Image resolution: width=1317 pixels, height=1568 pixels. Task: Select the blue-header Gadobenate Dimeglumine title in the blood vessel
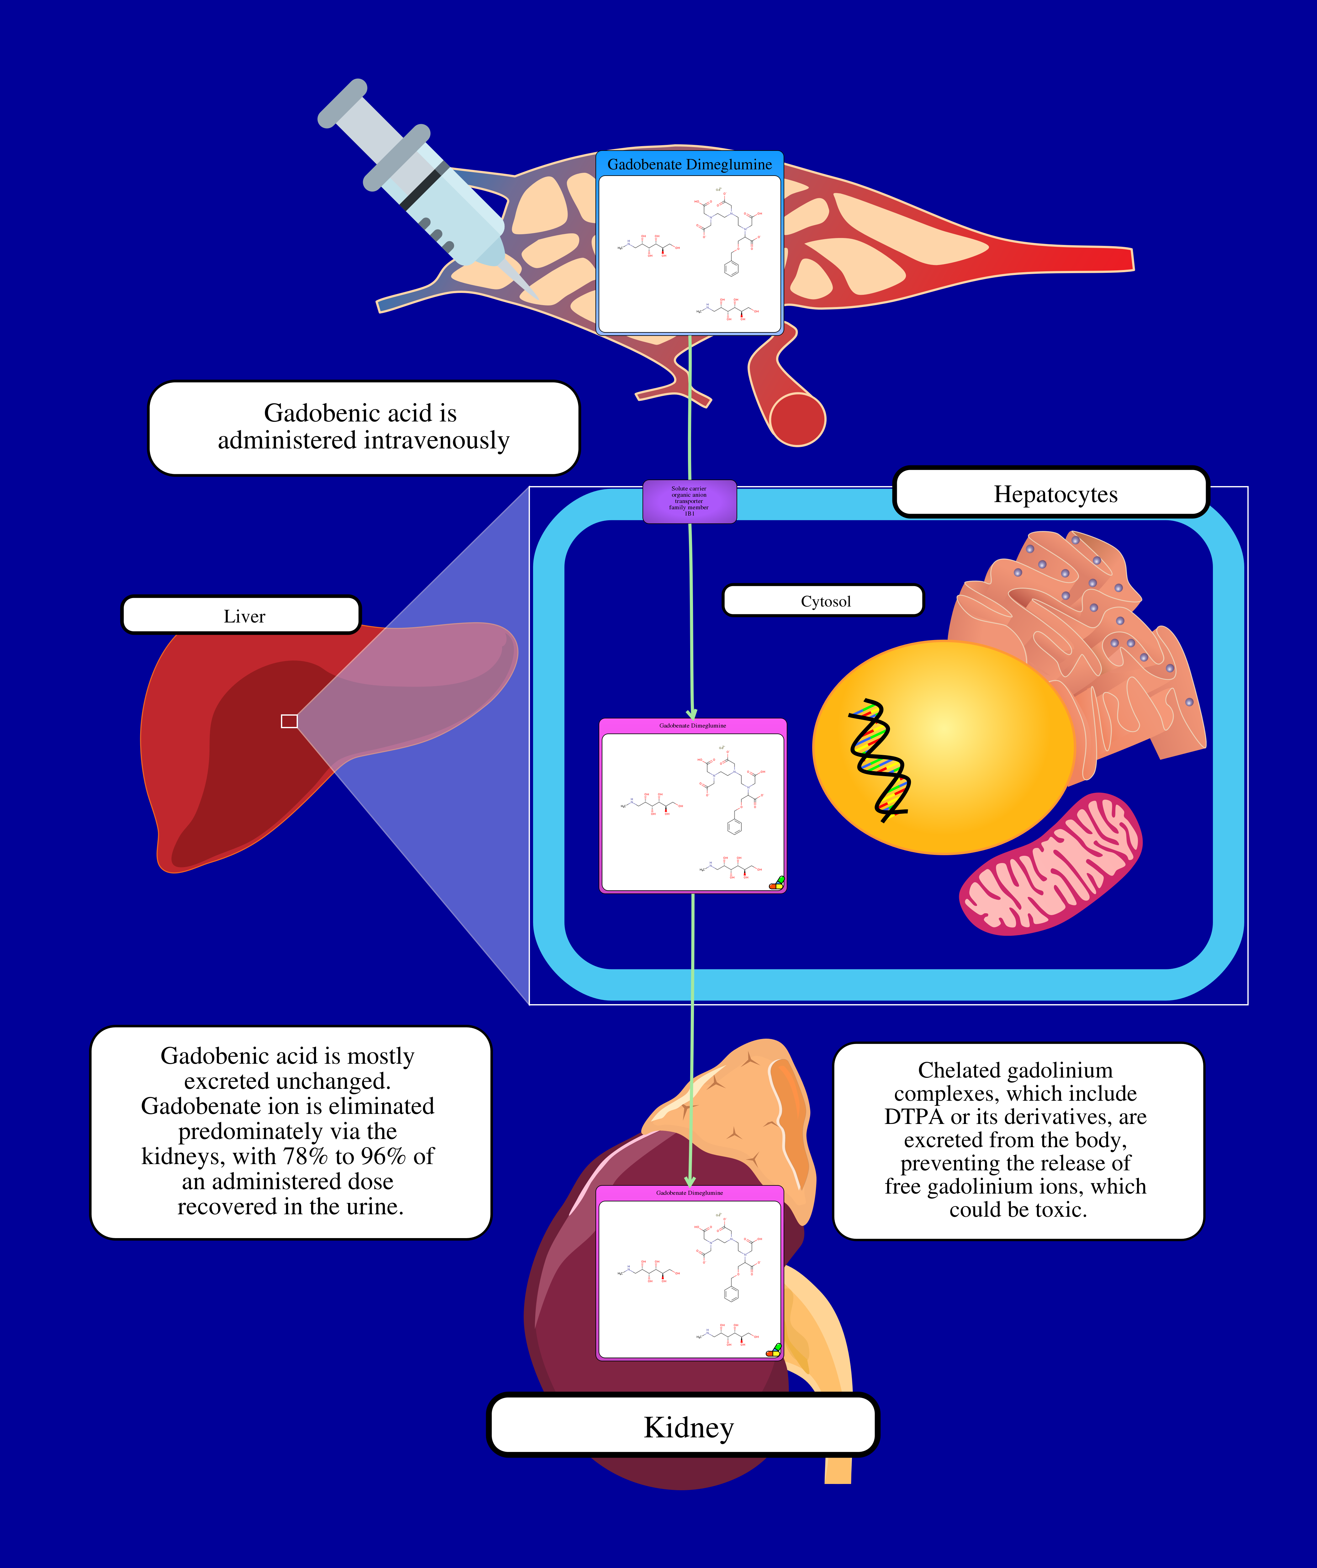[689, 164]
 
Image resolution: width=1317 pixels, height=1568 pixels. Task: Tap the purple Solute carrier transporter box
[689, 501]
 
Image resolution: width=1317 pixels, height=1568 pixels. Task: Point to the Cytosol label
[825, 601]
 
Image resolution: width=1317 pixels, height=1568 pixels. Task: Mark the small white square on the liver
[289, 721]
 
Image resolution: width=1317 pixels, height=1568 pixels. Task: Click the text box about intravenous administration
[364, 427]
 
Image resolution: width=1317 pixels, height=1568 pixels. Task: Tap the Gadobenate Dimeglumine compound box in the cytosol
[693, 806]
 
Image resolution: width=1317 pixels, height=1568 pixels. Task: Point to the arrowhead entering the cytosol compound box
[692, 715]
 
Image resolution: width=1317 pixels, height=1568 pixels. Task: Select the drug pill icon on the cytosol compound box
[776, 883]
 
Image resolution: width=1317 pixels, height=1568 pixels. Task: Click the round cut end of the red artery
[797, 418]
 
